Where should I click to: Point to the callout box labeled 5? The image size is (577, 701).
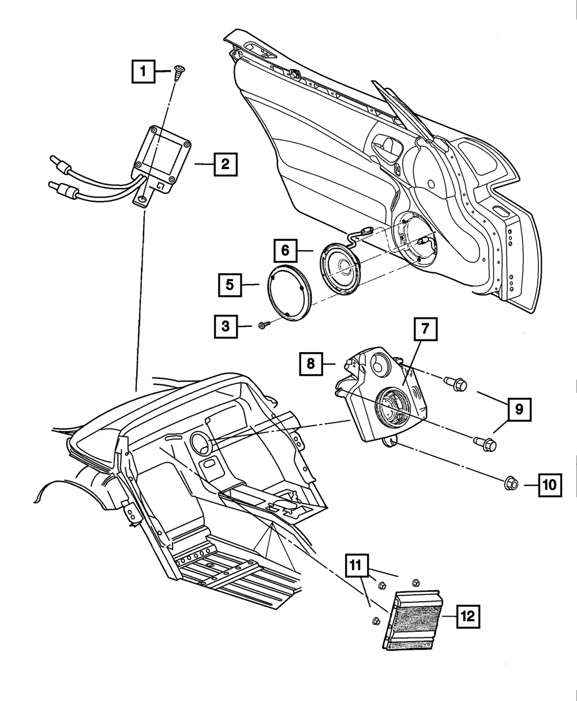tap(230, 285)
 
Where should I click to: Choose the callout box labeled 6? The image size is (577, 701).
tap(286, 251)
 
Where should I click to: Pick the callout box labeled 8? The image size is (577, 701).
tap(311, 364)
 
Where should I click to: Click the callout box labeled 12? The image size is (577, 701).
tap(467, 617)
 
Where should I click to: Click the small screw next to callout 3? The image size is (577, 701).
tap(263, 326)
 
